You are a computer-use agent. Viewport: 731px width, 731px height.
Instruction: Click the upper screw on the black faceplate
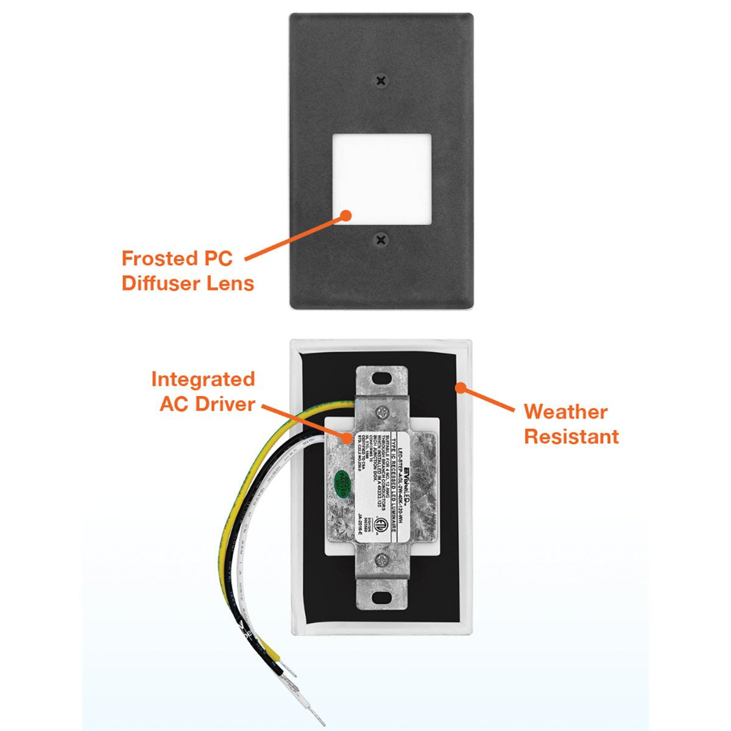tap(381, 80)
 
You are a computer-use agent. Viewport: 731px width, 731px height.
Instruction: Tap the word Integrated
tap(203, 379)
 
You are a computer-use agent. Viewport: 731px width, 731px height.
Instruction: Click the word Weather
tap(565, 412)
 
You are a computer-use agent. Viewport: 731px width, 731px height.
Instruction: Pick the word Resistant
tap(571, 437)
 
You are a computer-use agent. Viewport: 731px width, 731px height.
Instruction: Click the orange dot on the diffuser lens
tap(346, 215)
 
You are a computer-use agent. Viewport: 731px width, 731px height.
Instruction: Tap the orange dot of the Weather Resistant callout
tap(461, 387)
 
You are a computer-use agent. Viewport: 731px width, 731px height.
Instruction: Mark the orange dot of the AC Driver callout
tap(347, 437)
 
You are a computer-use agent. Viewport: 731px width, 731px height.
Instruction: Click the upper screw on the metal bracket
tap(381, 412)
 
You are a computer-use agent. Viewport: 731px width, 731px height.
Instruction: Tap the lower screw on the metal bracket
tap(381, 558)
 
